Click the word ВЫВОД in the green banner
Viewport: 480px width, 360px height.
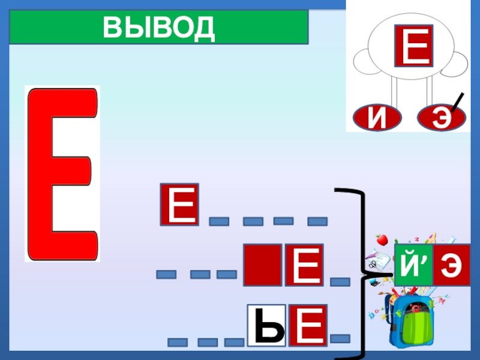158,28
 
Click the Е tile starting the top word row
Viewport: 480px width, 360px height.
179,205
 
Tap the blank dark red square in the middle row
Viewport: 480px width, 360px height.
262,265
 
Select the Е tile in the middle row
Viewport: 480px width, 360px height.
304,265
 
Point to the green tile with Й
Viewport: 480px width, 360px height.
413,265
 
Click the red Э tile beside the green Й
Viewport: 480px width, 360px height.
451,265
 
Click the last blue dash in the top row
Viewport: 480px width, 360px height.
317,222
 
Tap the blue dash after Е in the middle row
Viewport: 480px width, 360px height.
340,281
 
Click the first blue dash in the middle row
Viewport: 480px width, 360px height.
166,275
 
